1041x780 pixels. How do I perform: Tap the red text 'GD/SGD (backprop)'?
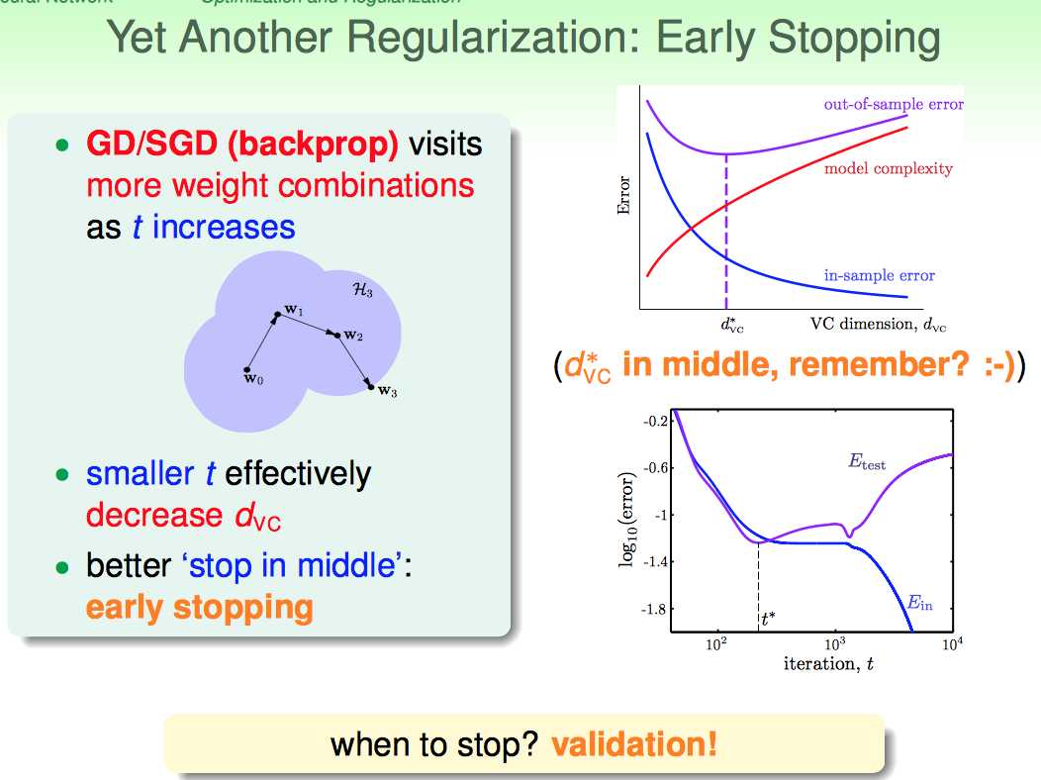[x=241, y=145]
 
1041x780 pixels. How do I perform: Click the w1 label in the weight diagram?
[x=294, y=311]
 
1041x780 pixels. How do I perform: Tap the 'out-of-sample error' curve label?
[x=893, y=104]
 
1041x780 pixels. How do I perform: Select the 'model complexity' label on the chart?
[x=888, y=168]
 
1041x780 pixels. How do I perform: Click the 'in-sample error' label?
[x=879, y=275]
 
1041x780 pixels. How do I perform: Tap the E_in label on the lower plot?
[x=919, y=602]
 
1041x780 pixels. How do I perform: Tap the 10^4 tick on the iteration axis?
[x=952, y=644]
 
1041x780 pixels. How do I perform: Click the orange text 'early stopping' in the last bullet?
[x=200, y=607]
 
